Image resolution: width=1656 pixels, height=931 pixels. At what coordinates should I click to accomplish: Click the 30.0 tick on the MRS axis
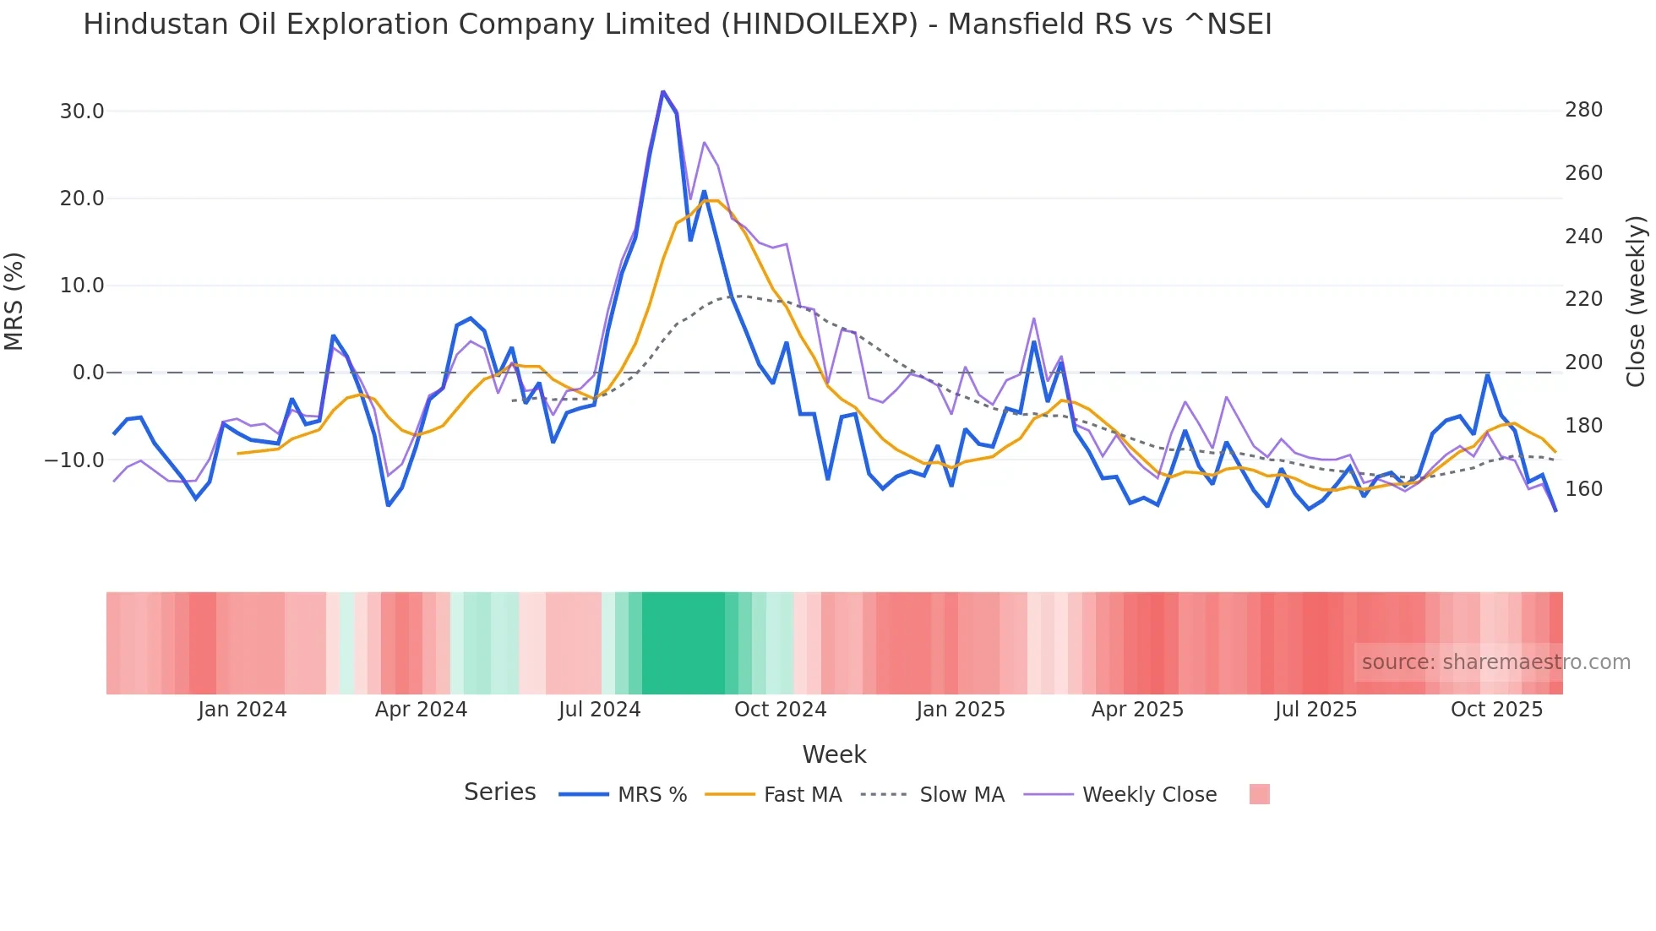82,112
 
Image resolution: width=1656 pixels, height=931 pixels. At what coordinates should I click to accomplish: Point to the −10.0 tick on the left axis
75,460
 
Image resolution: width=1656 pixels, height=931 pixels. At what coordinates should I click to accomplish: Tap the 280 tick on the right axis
1583,110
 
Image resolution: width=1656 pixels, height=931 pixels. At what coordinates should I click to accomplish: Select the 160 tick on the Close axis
1583,489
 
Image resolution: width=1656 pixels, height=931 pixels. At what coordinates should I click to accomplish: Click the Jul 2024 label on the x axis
599,710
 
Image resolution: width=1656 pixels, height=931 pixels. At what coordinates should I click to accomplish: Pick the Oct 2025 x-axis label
1496,710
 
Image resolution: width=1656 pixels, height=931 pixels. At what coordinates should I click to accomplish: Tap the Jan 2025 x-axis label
961,710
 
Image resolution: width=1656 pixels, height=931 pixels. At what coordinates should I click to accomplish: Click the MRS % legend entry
651,795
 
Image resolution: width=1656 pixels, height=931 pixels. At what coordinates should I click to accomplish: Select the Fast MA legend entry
802,795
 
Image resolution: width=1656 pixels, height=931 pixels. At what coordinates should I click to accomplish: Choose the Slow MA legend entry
961,795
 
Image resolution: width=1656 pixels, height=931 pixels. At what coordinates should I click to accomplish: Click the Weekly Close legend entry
1149,795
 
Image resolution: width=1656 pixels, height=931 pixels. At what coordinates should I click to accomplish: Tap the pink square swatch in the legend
1259,794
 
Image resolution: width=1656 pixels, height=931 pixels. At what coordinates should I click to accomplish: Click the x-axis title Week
834,754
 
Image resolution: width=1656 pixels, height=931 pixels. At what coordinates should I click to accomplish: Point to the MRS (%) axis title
14,302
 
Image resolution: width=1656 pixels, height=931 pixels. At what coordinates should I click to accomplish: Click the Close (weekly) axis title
1636,302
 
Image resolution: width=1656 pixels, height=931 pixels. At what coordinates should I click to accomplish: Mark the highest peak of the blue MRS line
663,91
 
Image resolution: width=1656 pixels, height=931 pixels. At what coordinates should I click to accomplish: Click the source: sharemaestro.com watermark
1495,662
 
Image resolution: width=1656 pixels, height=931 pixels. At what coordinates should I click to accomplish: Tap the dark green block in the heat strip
683,643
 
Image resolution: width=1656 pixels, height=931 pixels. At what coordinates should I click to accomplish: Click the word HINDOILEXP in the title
819,24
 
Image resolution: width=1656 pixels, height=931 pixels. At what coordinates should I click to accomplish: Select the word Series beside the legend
499,792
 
